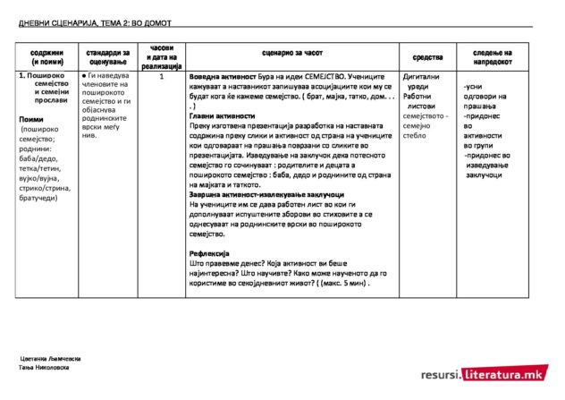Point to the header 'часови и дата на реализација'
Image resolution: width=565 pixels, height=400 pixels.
point(162,56)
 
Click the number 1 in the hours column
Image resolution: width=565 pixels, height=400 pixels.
point(162,78)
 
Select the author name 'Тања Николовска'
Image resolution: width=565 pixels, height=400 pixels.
point(44,367)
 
